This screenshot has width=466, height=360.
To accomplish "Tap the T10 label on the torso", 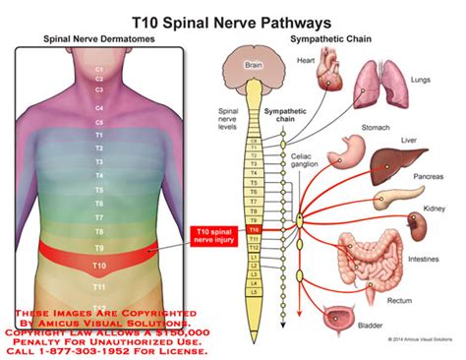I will click(x=98, y=266).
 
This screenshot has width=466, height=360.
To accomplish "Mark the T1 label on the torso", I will click(x=98, y=134).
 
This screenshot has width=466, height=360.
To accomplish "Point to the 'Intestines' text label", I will click(x=422, y=260).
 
